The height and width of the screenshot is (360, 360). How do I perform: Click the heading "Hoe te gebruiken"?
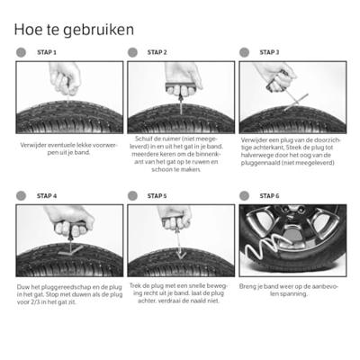click(74, 31)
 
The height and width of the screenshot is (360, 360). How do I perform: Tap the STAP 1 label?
click(47, 52)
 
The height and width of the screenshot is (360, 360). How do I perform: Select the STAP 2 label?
click(157, 52)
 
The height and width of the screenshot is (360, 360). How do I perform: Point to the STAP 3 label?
click(269, 52)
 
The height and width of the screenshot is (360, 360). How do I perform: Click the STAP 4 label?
click(47, 196)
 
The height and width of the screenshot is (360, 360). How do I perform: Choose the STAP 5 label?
click(157, 196)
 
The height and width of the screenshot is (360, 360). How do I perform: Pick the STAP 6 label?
click(269, 196)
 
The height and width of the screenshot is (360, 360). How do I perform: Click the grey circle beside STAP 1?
click(21, 52)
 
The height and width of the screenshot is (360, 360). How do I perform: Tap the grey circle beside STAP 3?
click(244, 52)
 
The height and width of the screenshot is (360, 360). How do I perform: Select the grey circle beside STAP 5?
click(132, 196)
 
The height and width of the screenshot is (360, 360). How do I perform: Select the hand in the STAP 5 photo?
click(175, 217)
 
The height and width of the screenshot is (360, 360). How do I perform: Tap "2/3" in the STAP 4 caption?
click(35, 302)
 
